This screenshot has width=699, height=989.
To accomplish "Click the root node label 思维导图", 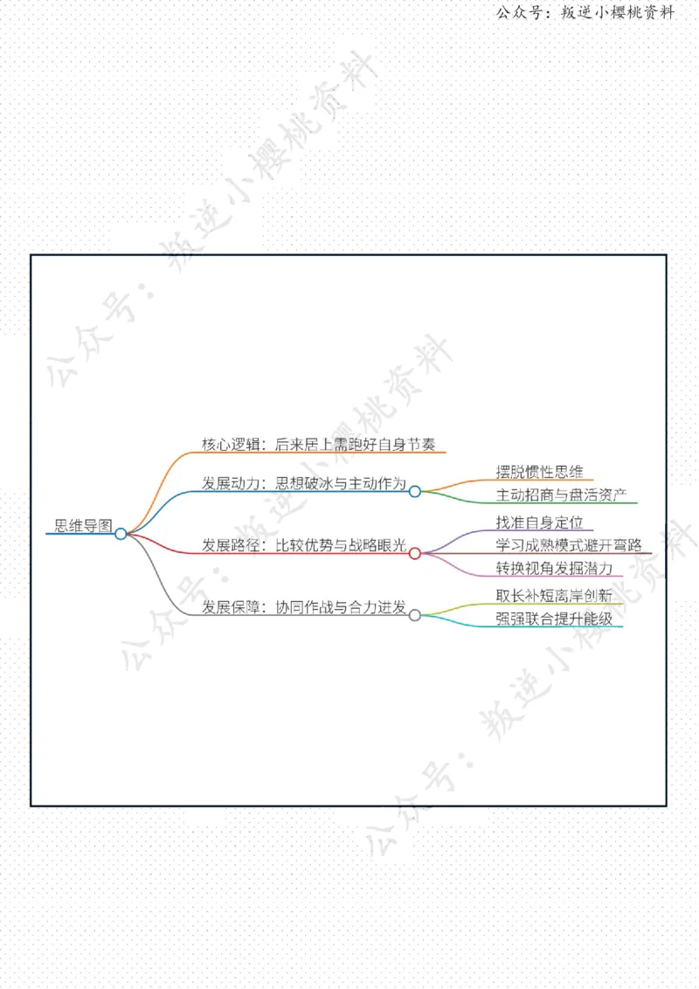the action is pos(83,525).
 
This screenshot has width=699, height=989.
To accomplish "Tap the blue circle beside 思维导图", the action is pos(121,534).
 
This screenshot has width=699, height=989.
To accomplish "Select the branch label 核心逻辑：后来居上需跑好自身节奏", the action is pos(319,444).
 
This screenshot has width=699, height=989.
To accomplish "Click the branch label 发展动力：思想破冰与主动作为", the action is pos(304,483).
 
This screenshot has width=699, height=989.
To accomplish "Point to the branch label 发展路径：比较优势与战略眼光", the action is pos(304,545).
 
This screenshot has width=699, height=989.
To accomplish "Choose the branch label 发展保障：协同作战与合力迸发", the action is pos(304,607).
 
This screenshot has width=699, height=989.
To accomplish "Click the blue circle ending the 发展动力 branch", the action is pos(414,491).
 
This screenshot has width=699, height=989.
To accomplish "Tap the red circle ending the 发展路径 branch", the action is pos(414,553).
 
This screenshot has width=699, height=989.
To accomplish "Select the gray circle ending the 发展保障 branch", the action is pos(414,615).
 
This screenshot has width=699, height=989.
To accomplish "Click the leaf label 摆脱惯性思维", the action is pos(539,472).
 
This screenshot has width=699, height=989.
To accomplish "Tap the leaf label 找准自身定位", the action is pos(539,522).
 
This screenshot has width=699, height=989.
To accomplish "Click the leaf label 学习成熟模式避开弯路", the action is pos(569,545).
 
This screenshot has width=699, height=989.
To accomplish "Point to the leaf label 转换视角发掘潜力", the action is pos(554,568).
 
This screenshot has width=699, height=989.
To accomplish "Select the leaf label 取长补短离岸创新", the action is pos(554,596).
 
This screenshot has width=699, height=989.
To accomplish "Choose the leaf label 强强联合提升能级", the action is pos(554,619).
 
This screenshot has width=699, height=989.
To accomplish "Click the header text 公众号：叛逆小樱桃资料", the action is pos(585,12).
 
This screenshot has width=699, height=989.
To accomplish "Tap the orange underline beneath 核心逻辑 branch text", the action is pos(319,453).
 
